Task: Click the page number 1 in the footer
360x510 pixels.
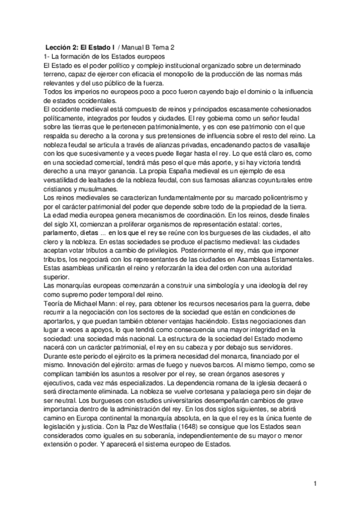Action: coord(315,483)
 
